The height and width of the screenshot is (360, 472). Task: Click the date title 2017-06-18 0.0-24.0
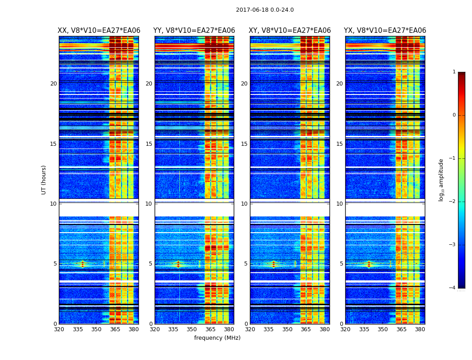coord(265,10)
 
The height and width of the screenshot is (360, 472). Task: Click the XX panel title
coord(99,31)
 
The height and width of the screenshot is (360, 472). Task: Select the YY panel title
coord(194,31)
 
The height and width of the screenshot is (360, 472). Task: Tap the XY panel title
coord(290,31)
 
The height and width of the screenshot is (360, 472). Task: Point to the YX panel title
coord(385,31)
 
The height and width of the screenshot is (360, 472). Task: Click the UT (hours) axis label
coord(44,180)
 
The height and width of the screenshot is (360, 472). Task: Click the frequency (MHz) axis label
coord(217,338)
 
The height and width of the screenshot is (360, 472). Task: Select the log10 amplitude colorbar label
coord(441,180)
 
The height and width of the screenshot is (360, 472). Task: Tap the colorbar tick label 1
coord(454,72)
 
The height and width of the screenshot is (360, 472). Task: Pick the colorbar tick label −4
coord(453,288)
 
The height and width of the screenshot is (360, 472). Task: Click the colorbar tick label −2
coord(453,202)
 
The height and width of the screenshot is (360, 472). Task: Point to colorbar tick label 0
coord(454,115)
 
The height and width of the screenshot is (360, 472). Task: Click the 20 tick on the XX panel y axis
coord(53,84)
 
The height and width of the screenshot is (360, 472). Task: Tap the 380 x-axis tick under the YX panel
coord(420,329)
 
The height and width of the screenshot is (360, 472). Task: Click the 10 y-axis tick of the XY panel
coord(244,204)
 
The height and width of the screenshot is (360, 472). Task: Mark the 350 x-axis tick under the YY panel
coord(192,329)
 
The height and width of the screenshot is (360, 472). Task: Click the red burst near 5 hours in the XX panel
coord(82,264)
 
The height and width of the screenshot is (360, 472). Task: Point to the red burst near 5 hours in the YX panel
coord(369,264)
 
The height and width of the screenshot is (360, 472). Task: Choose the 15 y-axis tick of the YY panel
coord(149,144)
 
